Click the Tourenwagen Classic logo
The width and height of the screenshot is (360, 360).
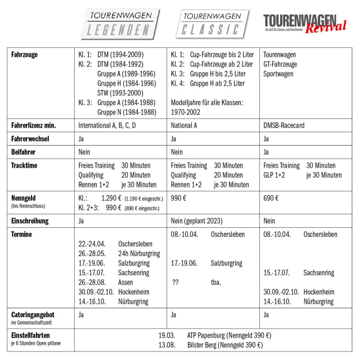213,24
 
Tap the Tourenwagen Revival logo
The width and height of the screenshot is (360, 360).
304,24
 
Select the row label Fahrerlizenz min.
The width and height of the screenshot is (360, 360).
42,125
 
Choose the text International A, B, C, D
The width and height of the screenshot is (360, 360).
111,125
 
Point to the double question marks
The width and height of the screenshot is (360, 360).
175,282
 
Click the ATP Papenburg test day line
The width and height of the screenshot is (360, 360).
213,335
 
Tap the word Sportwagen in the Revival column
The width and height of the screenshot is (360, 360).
280,74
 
